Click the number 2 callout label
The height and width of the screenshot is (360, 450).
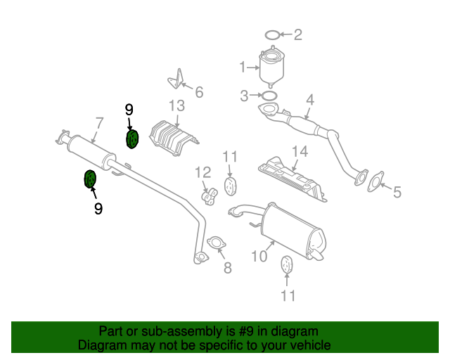click(297, 34)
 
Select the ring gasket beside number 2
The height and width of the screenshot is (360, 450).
click(273, 34)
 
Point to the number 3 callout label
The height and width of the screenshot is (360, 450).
click(244, 95)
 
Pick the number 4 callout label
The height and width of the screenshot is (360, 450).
click(309, 101)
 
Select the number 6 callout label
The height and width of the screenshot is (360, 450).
click(199, 91)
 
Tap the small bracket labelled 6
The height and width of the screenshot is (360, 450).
click(175, 79)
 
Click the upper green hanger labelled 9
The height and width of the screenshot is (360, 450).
click(132, 140)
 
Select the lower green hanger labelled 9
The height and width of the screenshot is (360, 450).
click(90, 180)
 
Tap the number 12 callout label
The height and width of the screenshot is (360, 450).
click(202, 172)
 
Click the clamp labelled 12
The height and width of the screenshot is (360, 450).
click(209, 195)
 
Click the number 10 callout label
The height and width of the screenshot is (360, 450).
click(259, 256)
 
